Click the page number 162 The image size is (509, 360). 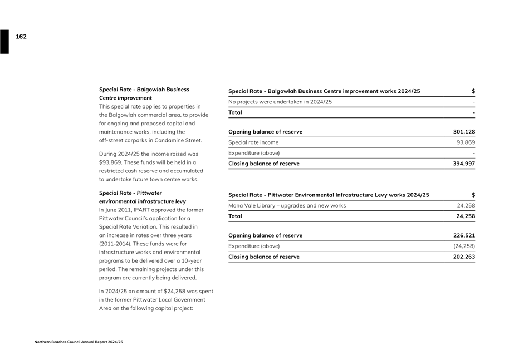(21, 37)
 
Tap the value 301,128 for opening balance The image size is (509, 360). (464, 132)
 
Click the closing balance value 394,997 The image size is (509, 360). (464, 164)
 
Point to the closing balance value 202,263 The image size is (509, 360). (464, 257)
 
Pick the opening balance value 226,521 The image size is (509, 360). (464, 235)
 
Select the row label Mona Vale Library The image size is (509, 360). (287, 205)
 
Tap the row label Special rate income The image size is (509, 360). (253, 142)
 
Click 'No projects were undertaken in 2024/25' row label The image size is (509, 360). (280, 102)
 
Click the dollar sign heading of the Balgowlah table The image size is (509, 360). (473, 91)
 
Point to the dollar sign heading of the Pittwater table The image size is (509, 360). (473, 195)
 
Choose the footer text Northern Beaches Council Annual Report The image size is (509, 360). (78, 342)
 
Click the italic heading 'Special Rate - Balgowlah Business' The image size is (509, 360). (144, 90)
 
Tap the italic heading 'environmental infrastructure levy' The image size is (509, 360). (143, 201)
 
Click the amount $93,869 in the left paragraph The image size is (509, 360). (110, 162)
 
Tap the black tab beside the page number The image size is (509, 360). (4, 42)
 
